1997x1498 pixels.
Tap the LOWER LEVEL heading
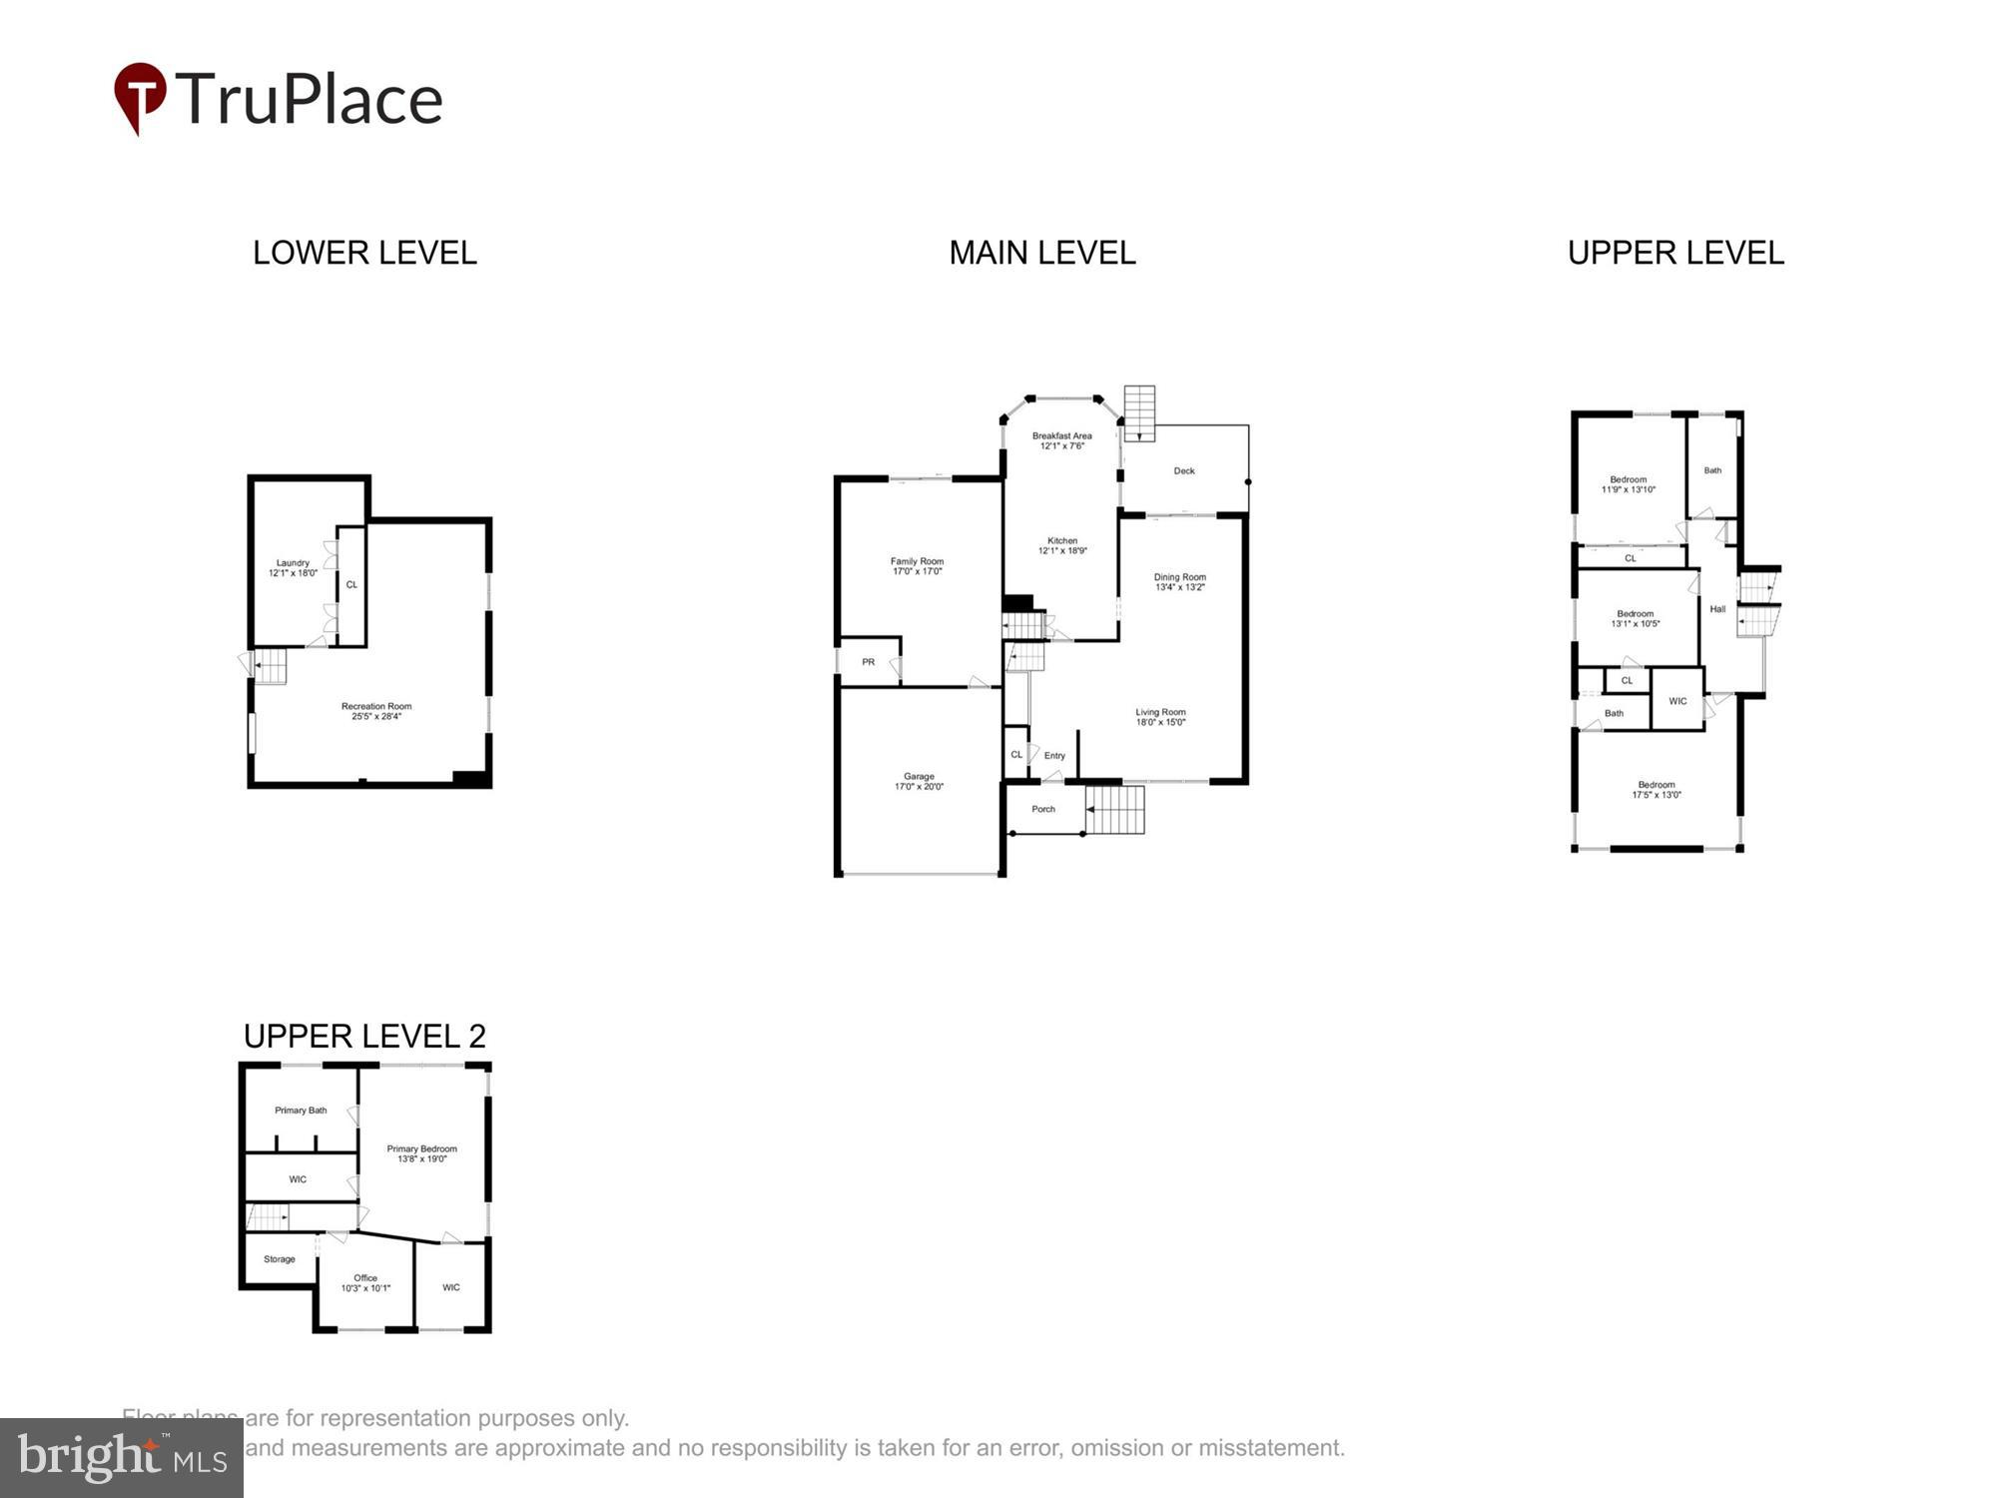tap(364, 253)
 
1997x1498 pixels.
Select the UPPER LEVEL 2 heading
tap(364, 1036)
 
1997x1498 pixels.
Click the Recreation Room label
tap(376, 707)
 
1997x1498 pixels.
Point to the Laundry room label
tap(293, 563)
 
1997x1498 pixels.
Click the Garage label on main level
tap(919, 776)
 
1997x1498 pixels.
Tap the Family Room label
tap(917, 561)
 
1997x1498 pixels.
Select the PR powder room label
tap(868, 662)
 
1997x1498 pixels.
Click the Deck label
tap(1184, 470)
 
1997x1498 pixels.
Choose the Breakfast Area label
tap(1061, 435)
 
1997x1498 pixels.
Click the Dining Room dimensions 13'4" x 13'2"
tap(1180, 587)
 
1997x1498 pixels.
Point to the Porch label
tap(1043, 809)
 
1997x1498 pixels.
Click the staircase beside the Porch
tap(1114, 810)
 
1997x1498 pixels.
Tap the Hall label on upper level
tap(1717, 609)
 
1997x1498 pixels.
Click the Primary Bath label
tap(301, 1111)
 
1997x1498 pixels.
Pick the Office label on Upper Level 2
tap(365, 1278)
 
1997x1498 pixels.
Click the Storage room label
tap(280, 1259)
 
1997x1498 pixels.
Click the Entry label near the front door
tap(1054, 756)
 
